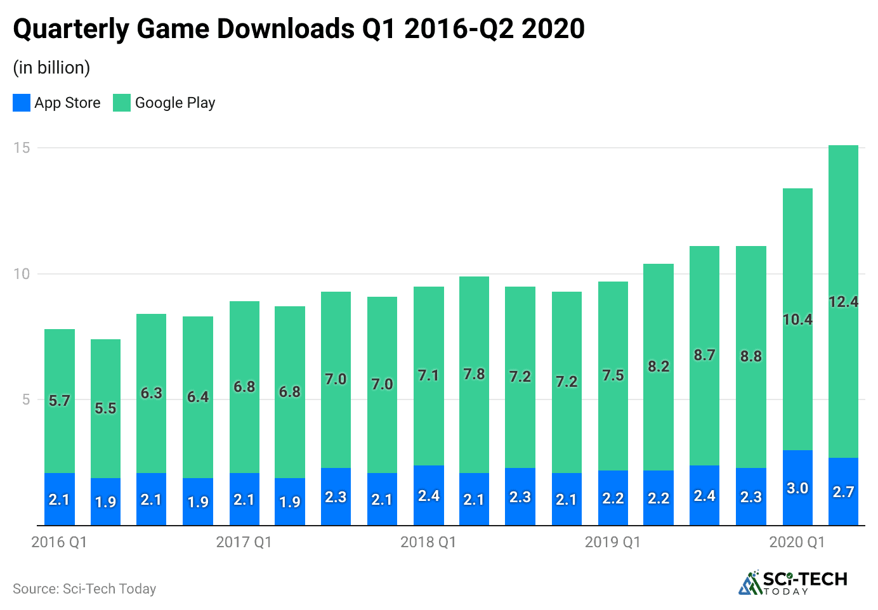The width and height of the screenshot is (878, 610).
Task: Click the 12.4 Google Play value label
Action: coord(843,302)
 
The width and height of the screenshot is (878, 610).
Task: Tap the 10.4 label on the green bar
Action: coord(797,320)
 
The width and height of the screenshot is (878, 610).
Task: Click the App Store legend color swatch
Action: coord(22,103)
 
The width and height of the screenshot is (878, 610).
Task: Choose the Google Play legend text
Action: coord(175,103)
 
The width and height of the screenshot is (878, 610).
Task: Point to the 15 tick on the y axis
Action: coord(22,148)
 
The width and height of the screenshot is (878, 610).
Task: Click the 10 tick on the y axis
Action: coord(22,274)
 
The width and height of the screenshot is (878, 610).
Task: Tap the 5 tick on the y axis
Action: coord(25,399)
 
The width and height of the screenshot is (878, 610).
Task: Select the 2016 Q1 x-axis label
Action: coord(59,542)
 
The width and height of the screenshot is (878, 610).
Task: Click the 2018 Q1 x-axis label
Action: coord(428,542)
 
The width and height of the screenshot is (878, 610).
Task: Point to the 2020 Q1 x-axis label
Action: coord(797,542)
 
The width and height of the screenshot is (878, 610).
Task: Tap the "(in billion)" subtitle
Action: coord(51,67)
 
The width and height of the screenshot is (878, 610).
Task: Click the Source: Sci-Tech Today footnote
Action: coord(84,589)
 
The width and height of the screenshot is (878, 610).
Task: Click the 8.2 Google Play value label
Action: coord(658,367)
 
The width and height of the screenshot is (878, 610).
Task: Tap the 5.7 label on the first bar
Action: coord(59,401)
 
